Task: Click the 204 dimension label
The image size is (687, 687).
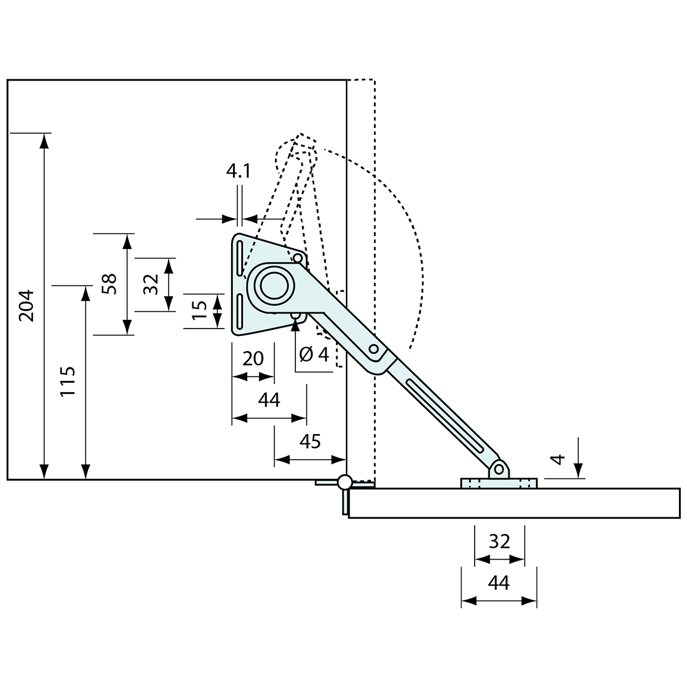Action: tap(27, 305)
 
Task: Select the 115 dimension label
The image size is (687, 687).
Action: tap(68, 382)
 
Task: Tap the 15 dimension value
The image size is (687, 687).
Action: tap(199, 310)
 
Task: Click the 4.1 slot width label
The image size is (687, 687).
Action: tap(239, 171)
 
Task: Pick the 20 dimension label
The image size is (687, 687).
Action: tap(253, 358)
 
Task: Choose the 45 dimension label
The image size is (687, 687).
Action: tap(310, 441)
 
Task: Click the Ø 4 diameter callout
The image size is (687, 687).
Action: tap(314, 355)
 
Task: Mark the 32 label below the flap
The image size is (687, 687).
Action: tap(500, 541)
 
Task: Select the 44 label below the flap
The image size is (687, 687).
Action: tap(499, 583)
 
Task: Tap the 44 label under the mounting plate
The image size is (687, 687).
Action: tap(269, 400)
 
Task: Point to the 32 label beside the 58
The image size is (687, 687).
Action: tap(151, 284)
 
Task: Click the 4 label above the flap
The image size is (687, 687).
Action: tap(558, 459)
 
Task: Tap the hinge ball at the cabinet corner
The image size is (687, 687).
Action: tap(344, 482)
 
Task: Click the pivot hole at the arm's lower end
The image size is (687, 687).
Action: tap(498, 470)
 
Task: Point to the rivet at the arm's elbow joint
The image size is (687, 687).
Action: tap(373, 348)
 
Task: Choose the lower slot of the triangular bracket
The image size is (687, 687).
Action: tap(239, 311)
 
